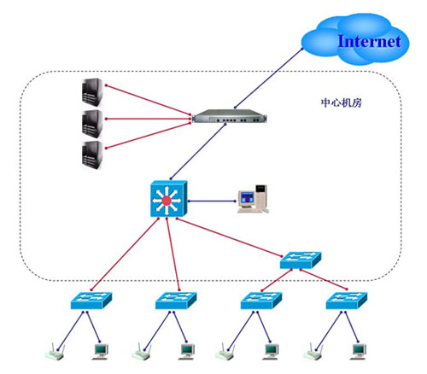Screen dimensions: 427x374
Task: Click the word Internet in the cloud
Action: [370, 41]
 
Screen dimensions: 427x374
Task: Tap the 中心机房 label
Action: [342, 102]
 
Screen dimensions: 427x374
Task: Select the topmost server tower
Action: [92, 92]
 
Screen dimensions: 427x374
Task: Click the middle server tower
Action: [92, 125]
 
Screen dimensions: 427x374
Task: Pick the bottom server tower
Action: [92, 155]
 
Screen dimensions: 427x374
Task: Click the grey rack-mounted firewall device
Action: [230, 116]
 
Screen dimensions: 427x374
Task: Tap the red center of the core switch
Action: [167, 201]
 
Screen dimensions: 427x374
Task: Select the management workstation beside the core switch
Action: [253, 199]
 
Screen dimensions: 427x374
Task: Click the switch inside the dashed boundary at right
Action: [301, 260]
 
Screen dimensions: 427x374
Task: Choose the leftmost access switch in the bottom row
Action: [91, 301]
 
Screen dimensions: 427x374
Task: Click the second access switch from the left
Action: [176, 301]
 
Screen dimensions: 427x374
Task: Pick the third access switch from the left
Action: [261, 301]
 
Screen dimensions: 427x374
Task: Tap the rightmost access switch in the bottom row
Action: [347, 301]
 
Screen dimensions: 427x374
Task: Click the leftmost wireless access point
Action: [56, 352]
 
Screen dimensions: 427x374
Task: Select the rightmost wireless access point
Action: [313, 352]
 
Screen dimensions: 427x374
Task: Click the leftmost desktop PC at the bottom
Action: [101, 352]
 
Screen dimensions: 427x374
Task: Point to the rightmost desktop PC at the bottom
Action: [359, 352]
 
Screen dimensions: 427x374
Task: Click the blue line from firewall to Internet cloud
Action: [269, 78]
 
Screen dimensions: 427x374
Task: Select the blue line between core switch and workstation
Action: [212, 201]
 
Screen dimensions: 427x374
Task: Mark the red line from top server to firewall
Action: [148, 100]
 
